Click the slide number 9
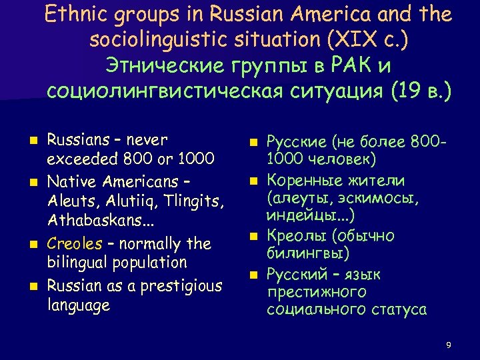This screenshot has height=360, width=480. click(x=449, y=345)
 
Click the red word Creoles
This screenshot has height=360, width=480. click(x=75, y=243)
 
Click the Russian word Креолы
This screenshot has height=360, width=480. click(x=296, y=236)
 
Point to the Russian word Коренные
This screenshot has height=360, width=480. click(x=302, y=181)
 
